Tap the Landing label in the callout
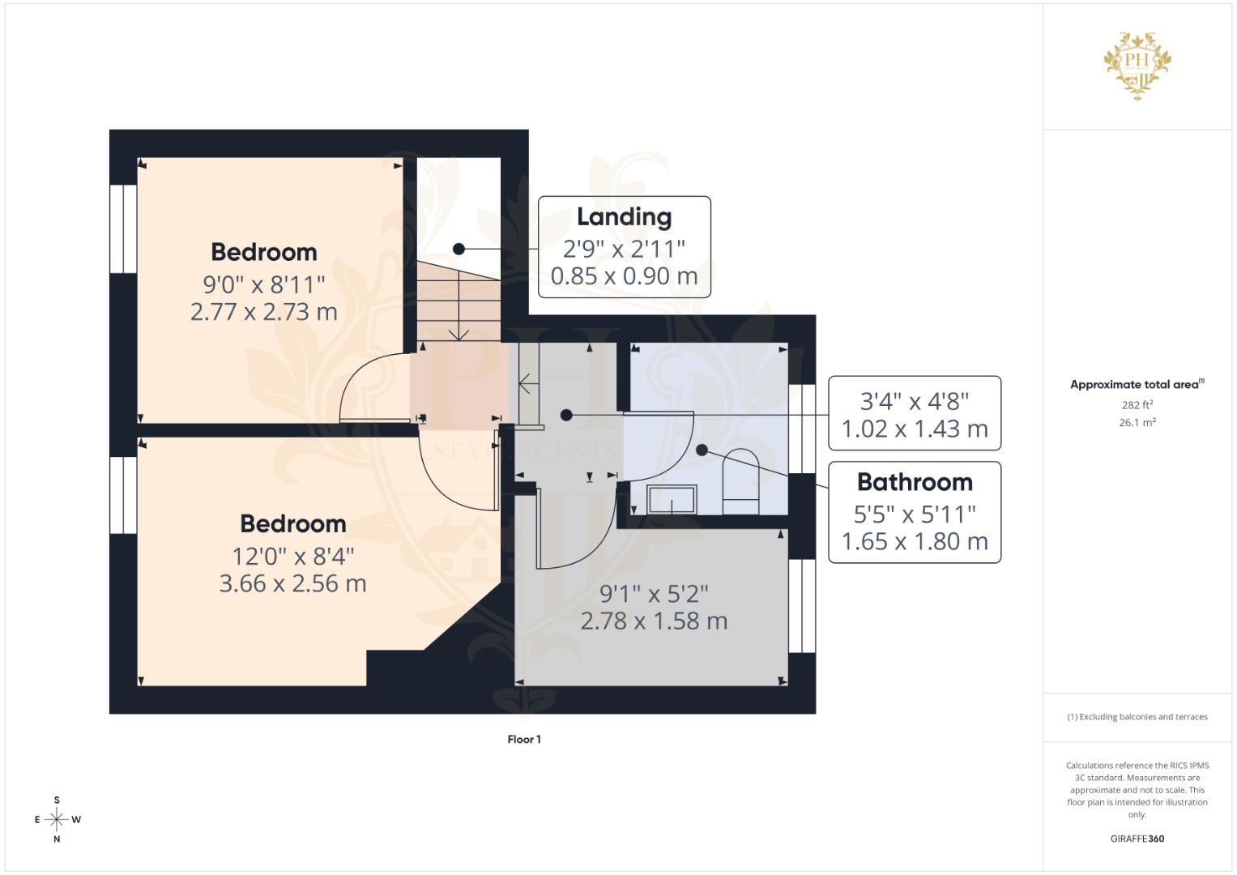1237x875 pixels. pos(624,217)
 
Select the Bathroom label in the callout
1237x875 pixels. pos(915,482)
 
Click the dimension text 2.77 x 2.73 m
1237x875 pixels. pos(263,312)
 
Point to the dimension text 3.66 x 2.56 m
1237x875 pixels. pos(292,583)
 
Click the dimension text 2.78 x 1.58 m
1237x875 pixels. pos(654,621)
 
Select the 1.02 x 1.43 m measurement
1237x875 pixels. pos(915,429)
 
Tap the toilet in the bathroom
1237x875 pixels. pos(741,481)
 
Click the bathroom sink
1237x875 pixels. pos(672,499)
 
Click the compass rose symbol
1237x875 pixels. pos(57,819)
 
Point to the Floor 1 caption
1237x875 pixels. pos(524,739)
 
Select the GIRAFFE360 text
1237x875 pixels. pos(1137,839)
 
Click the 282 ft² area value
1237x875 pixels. pos(1137,404)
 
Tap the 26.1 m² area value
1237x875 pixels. pos(1137,423)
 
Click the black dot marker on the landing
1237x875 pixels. pos(459,250)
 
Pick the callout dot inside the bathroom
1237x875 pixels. pos(702,450)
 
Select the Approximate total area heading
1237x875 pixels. pos(1137,385)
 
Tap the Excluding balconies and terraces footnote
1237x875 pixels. pos(1137,717)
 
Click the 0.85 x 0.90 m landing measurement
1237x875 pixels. pos(624,276)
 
